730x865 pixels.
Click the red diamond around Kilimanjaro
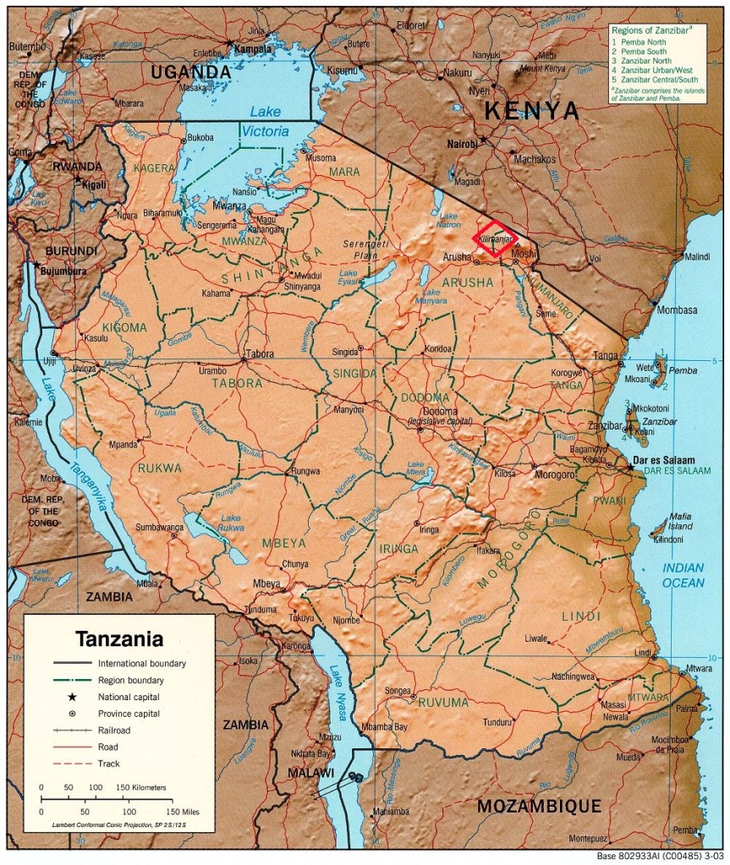[x=497, y=238]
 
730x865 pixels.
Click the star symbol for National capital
[x=73, y=697]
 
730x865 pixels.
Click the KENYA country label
[x=531, y=111]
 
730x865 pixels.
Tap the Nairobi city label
[x=464, y=145]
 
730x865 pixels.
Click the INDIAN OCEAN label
[x=683, y=575]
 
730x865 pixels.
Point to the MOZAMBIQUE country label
[x=538, y=806]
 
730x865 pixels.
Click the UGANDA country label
[x=190, y=74]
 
